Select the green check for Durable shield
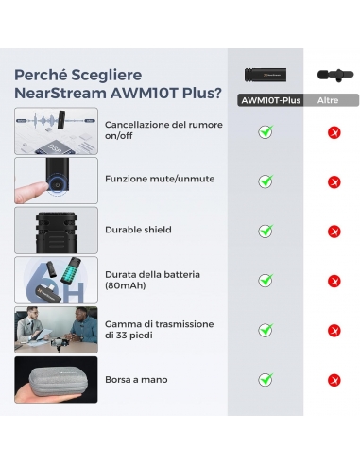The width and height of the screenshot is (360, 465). (x=266, y=231)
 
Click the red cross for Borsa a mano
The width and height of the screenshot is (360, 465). (x=334, y=379)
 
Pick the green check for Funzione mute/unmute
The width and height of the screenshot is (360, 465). (x=266, y=181)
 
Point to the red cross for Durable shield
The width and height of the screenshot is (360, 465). (x=334, y=231)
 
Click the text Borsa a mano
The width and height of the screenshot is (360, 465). (x=136, y=379)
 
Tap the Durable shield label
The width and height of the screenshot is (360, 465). (x=138, y=230)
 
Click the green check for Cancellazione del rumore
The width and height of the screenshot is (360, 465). (x=266, y=131)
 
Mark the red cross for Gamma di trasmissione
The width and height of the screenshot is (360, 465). (x=334, y=330)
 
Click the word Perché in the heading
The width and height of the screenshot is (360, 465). (x=41, y=75)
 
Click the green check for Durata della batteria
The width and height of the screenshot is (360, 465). (x=266, y=280)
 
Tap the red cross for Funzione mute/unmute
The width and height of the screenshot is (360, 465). (x=334, y=181)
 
